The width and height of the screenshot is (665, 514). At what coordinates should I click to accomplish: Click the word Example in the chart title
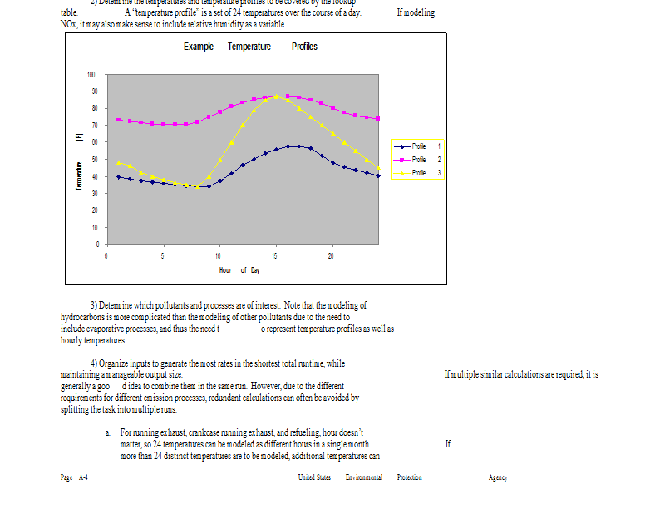click(x=199, y=47)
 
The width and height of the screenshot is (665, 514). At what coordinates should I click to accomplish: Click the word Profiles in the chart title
click(x=304, y=47)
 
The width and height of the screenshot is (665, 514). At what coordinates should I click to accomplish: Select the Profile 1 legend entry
click(x=419, y=146)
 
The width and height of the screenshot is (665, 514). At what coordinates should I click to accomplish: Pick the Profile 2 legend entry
click(x=419, y=159)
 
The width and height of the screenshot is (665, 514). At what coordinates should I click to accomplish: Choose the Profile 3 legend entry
click(x=419, y=173)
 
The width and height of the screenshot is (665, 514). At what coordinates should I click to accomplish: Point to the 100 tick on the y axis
click(x=92, y=75)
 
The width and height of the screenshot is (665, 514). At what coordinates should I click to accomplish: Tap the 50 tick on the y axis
click(x=94, y=160)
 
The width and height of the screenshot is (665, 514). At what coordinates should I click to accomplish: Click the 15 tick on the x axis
click(x=274, y=255)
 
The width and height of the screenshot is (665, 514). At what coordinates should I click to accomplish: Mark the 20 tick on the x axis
click(x=332, y=255)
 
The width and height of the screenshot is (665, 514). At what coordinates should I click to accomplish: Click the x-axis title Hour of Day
click(x=239, y=270)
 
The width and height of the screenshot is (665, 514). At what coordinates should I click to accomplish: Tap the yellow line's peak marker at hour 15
click(x=276, y=96)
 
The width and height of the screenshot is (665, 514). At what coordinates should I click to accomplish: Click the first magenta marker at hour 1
click(x=118, y=120)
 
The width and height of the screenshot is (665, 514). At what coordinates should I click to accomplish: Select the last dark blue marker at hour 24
click(x=378, y=176)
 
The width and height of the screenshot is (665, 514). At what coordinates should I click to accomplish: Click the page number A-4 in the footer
click(x=83, y=477)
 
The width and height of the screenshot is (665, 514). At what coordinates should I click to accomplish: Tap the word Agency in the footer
click(x=498, y=477)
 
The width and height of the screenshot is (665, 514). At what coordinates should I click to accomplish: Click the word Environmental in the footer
click(x=364, y=477)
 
